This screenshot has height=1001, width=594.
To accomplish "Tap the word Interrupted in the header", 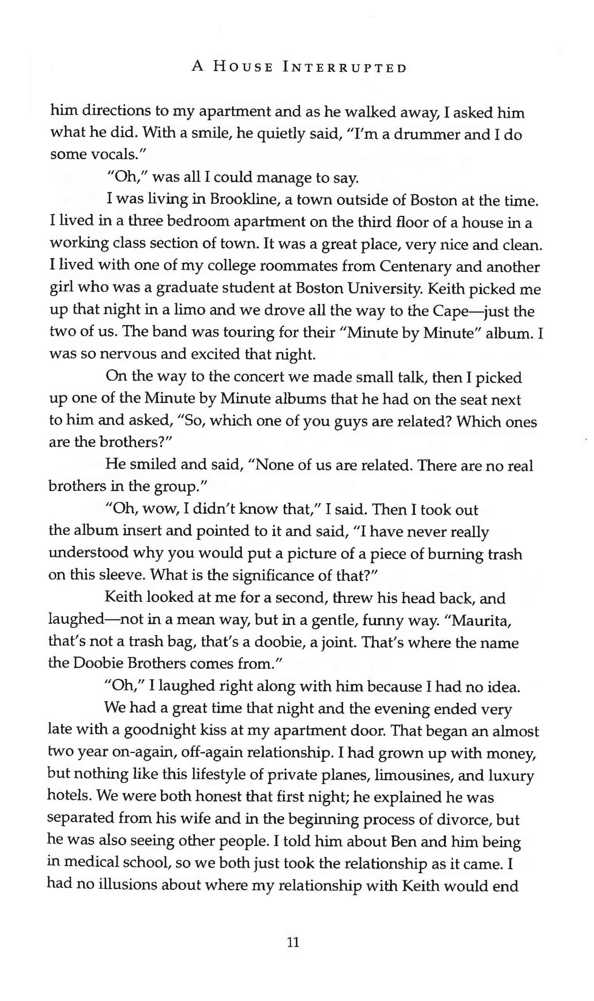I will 345,67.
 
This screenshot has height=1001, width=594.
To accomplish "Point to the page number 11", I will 293,942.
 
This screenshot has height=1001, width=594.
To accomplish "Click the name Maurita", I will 481,621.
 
